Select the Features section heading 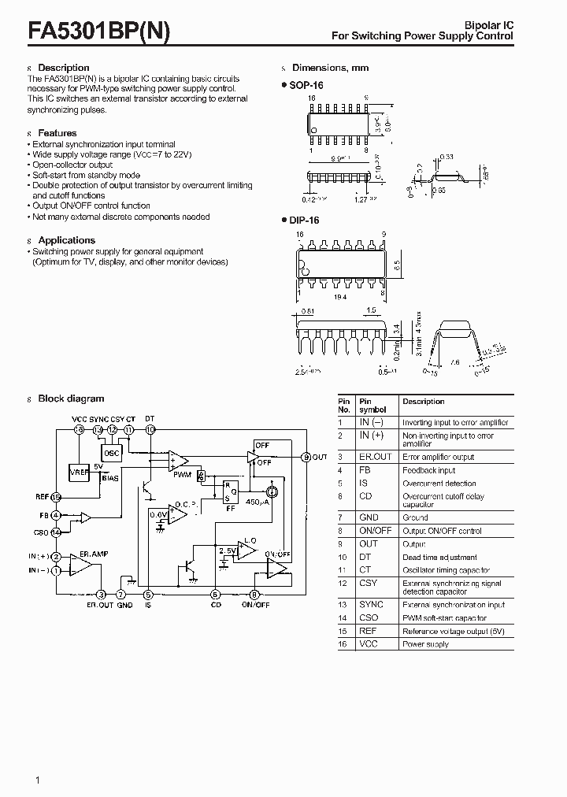(x=57, y=133)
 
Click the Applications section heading (x=66, y=240)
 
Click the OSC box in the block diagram (x=112, y=452)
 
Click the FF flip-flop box (x=231, y=491)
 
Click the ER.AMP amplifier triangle (x=80, y=565)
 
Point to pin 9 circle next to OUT (x=306, y=456)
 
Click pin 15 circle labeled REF (x=56, y=497)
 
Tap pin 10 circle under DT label (x=150, y=429)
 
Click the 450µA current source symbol (x=272, y=487)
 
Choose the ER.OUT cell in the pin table (x=375, y=457)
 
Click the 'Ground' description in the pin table (x=415, y=517)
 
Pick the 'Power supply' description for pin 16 (x=425, y=644)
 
